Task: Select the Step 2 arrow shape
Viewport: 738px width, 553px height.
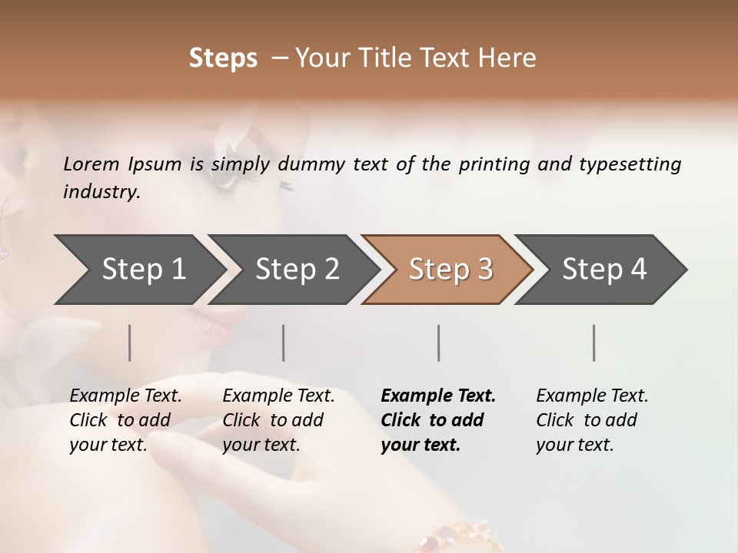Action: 297,270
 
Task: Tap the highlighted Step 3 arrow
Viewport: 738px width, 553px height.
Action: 450,270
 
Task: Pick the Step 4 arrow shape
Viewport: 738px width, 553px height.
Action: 604,270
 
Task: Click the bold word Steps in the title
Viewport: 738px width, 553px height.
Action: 223,58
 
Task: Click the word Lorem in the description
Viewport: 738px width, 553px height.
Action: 91,164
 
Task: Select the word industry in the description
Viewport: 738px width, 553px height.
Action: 101,192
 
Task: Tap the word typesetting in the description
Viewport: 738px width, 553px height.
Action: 630,164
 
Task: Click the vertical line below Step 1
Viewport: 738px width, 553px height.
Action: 130,343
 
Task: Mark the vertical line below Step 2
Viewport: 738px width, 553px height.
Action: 284,343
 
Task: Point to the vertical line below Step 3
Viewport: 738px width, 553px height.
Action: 439,343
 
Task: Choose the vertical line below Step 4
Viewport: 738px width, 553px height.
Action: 594,343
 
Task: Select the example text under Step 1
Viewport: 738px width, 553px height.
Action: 125,420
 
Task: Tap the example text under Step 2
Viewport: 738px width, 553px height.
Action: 278,420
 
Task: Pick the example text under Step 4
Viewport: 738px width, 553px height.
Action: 592,420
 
